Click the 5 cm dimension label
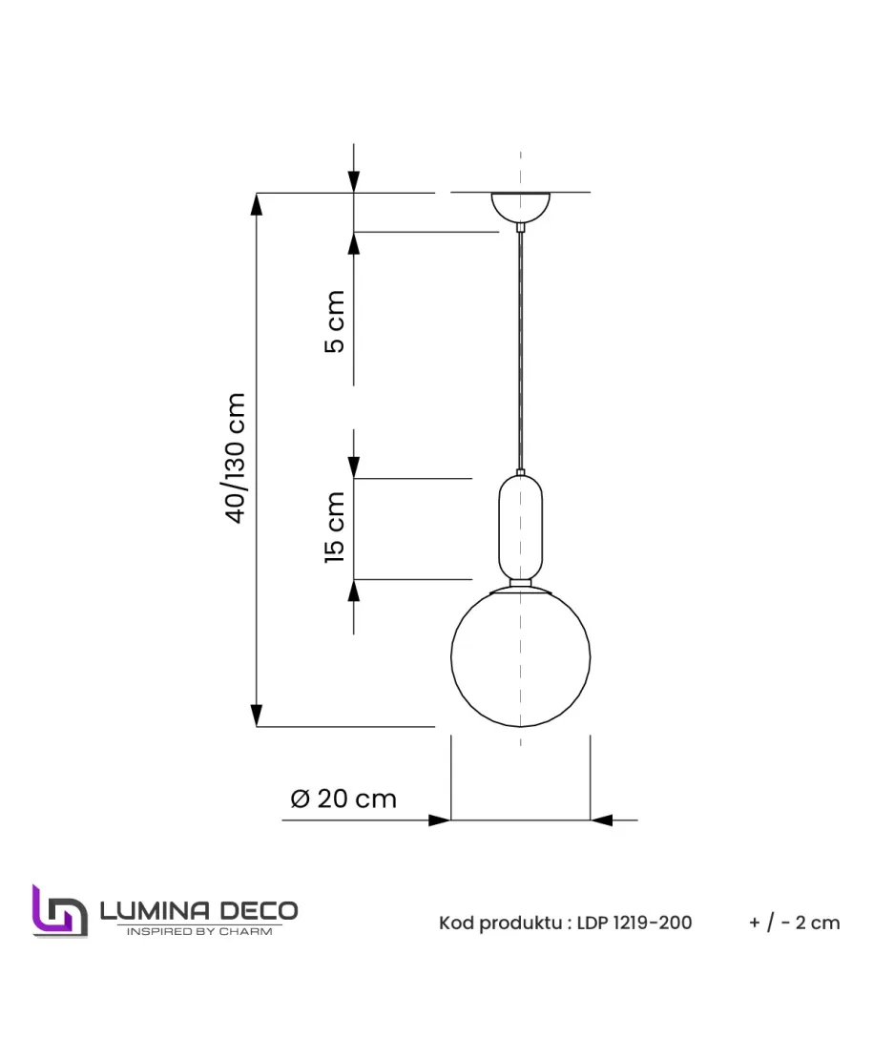(x=335, y=322)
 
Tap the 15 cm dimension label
(x=335, y=527)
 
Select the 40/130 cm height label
(x=236, y=458)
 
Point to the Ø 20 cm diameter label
(x=343, y=799)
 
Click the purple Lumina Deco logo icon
(x=60, y=912)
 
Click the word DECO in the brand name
(x=260, y=911)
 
